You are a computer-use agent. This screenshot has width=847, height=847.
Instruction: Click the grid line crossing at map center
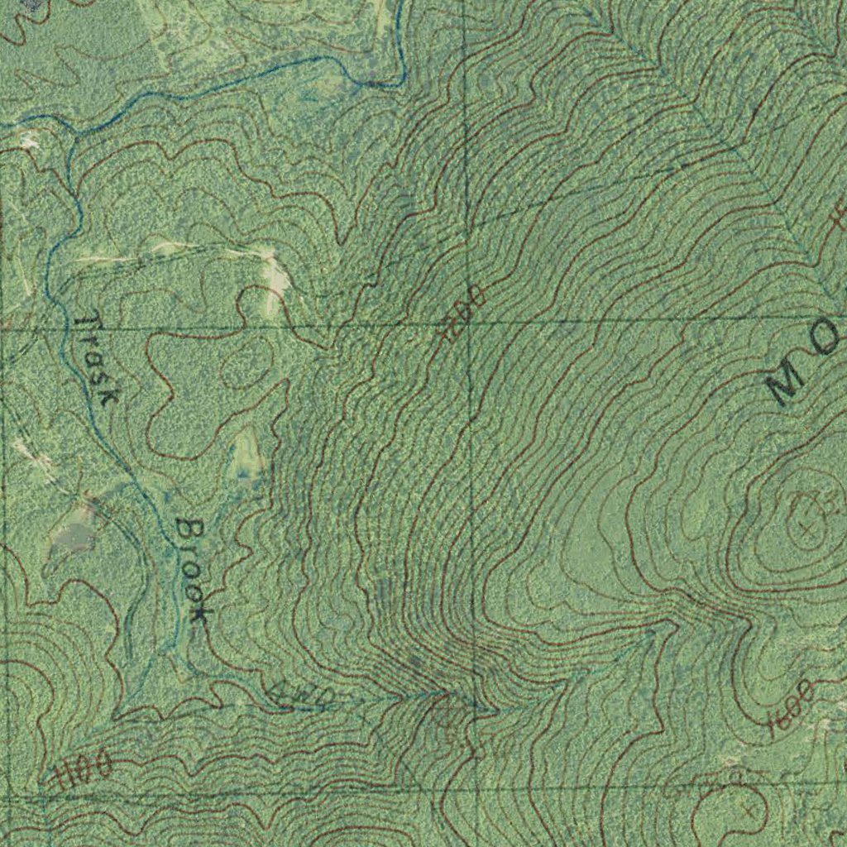pyautogui.click(x=468, y=323)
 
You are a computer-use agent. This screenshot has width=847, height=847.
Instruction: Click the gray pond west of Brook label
pyautogui.click(x=74, y=534)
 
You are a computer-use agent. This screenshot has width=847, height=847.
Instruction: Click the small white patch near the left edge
pyautogui.click(x=30, y=141)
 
